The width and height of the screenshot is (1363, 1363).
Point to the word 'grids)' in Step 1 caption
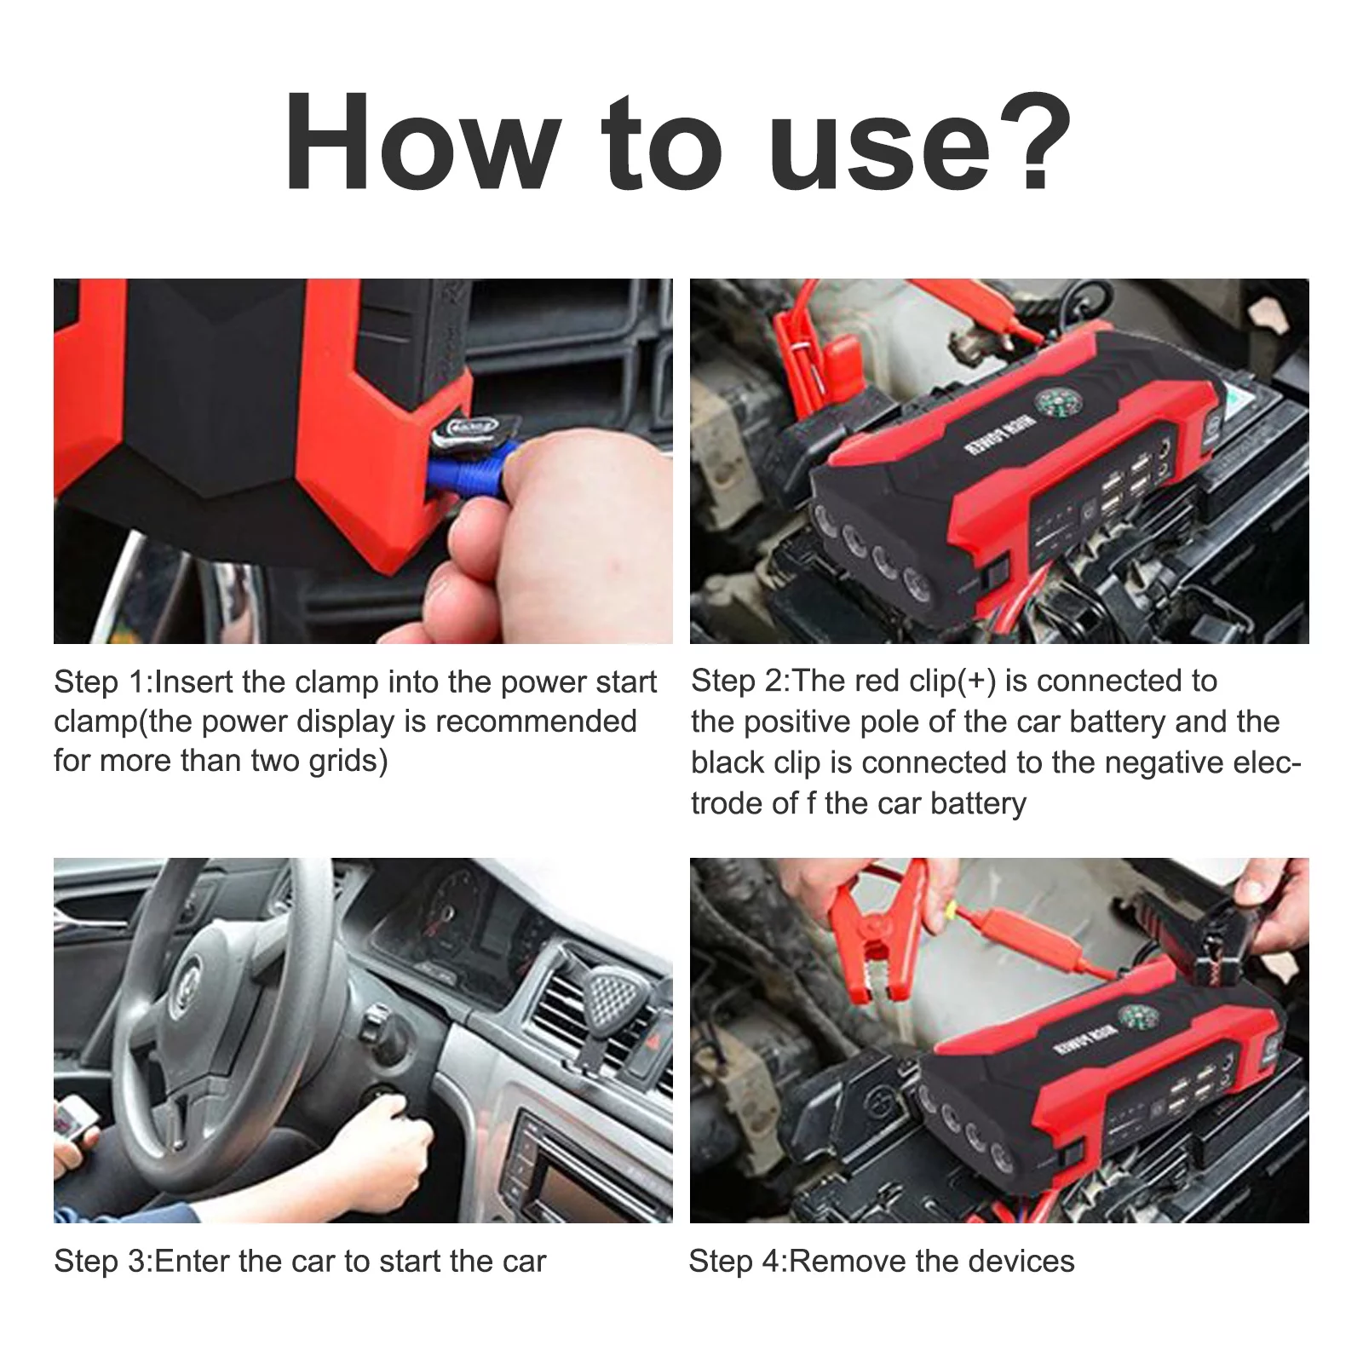(348, 762)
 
